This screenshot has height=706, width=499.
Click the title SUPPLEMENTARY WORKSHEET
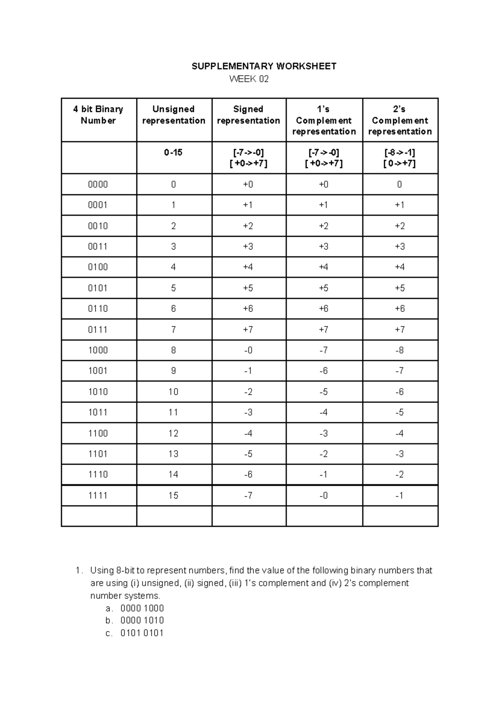(264, 67)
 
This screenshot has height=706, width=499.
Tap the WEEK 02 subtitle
(249, 79)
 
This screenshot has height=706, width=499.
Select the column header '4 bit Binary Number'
(98, 115)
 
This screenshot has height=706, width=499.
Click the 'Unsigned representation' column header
(173, 115)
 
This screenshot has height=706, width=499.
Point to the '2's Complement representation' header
(400, 120)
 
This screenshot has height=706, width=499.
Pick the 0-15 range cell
(173, 153)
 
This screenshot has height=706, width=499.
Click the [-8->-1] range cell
(400, 153)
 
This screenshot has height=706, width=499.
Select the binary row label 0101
(98, 288)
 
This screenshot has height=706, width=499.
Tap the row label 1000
(98, 350)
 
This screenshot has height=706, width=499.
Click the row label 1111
(98, 495)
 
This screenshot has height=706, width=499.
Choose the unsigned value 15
(173, 495)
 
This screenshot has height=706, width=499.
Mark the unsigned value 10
(173, 392)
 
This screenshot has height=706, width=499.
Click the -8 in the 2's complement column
(400, 350)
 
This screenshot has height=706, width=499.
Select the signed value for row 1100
(248, 434)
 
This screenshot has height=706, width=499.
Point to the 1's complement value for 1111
(324, 495)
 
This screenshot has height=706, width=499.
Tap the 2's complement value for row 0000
(400, 184)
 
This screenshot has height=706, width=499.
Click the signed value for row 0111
(248, 329)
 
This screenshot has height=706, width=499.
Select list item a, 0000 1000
(142, 608)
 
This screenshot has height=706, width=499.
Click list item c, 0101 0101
(142, 633)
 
